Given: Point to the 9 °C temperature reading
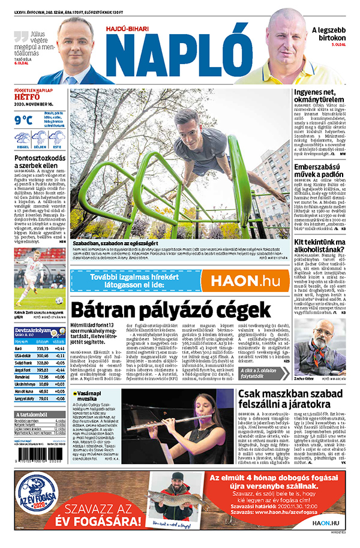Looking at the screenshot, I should click(23, 119).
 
